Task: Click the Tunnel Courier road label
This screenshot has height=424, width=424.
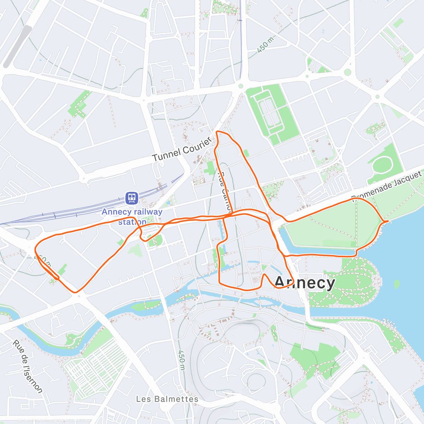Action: click(x=182, y=150)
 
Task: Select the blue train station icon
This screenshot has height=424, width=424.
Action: click(x=132, y=198)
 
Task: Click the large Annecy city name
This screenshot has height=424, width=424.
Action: click(x=305, y=283)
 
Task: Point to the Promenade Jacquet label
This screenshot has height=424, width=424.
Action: click(x=387, y=186)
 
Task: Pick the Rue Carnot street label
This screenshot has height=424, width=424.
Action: click(x=225, y=191)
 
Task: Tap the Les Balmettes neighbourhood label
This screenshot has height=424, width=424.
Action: click(x=167, y=399)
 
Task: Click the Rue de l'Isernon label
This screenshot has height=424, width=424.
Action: click(x=28, y=366)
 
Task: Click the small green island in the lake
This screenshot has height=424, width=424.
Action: click(x=397, y=284)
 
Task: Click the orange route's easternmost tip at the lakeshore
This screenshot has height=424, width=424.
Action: click(x=388, y=221)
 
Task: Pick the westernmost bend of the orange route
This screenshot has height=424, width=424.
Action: click(x=36, y=249)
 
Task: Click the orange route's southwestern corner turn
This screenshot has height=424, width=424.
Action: click(x=75, y=292)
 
